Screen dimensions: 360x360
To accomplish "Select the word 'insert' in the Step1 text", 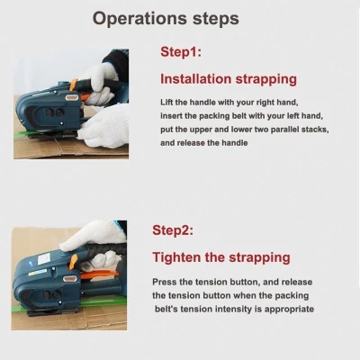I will pyautogui.click(x=173, y=116).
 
